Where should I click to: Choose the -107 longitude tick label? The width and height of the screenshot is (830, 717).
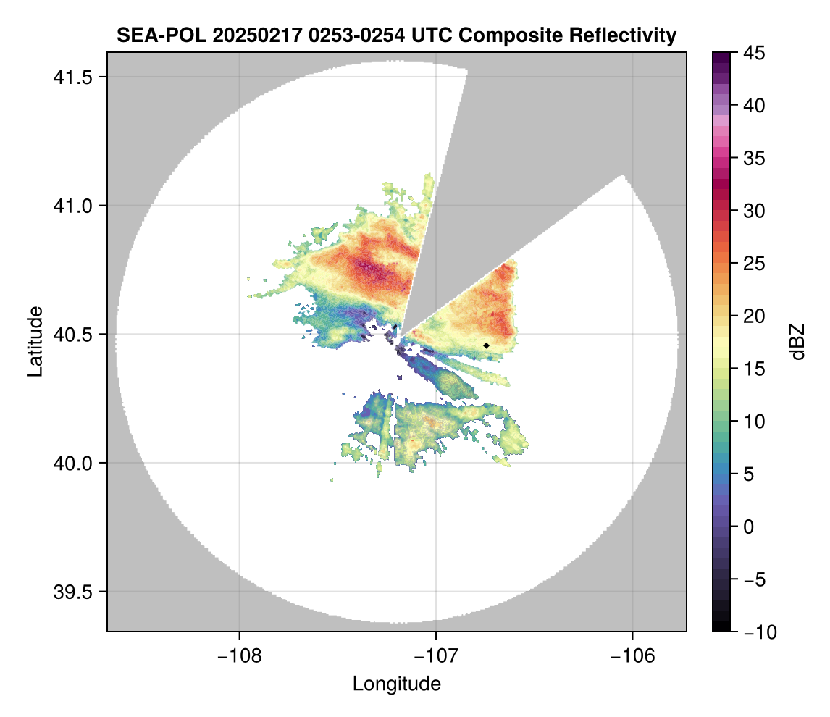436,655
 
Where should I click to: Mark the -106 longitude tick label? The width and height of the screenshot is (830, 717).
633,655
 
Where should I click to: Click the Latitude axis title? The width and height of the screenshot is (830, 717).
34,341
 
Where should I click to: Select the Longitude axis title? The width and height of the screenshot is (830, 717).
396,684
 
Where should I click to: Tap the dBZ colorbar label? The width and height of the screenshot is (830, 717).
797,342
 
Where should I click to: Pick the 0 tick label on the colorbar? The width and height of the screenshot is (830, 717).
748,527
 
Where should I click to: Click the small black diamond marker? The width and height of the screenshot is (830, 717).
487,345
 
